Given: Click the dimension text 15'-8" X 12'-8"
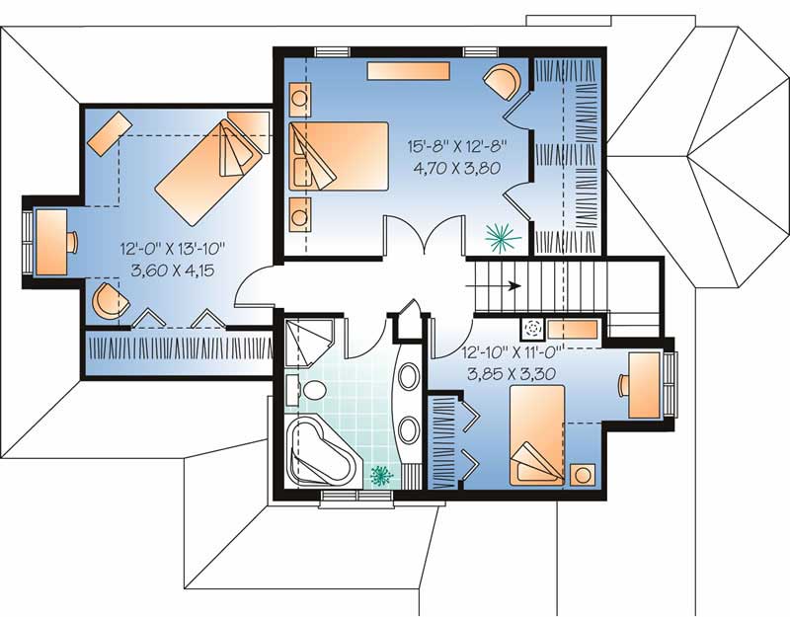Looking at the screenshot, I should click(x=457, y=145).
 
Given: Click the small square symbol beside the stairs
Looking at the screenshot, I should click(x=533, y=330).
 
